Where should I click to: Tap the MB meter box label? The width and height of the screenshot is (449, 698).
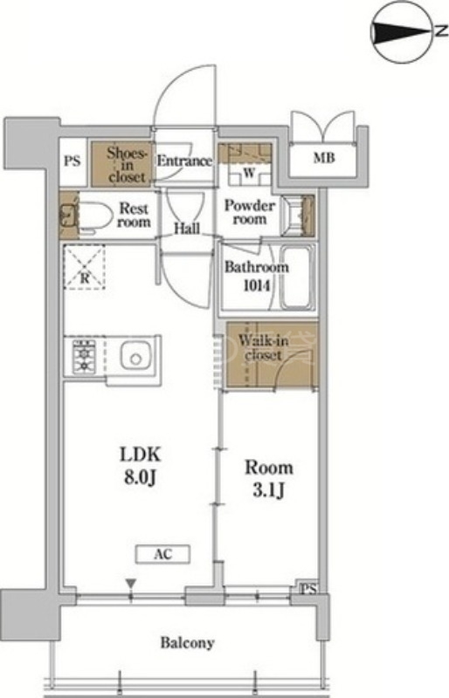click(324, 158)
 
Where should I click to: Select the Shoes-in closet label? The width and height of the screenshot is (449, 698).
click(127, 165)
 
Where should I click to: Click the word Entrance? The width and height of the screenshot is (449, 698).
click(184, 161)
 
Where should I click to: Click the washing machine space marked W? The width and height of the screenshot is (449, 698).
click(249, 173)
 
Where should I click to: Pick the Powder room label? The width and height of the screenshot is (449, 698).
click(250, 212)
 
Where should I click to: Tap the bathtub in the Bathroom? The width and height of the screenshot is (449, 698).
click(297, 277)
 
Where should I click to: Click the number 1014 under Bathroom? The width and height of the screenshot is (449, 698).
click(257, 285)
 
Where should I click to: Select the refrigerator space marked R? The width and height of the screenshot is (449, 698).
click(84, 267)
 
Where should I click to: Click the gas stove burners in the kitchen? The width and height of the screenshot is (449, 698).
click(84, 356)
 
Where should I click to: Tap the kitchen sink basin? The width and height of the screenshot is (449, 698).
click(136, 356)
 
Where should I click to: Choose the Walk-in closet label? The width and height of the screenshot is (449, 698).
click(263, 347)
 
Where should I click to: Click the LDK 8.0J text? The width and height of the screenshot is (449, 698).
click(140, 466)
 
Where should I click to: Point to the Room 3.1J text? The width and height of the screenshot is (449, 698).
click(269, 478)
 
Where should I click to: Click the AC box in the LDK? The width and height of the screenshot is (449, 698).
click(163, 554)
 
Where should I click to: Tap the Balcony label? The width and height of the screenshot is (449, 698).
click(187, 642)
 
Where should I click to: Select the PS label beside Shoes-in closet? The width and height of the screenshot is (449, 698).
click(73, 161)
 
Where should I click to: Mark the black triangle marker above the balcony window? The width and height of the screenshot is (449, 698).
click(130, 583)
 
